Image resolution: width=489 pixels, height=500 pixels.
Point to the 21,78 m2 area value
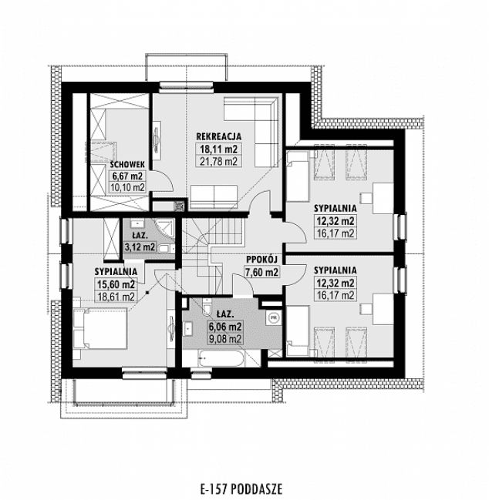click(x=220, y=161)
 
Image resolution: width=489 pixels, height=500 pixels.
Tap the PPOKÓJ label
click(x=262, y=260)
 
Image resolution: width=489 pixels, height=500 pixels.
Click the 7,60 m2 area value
click(x=262, y=271)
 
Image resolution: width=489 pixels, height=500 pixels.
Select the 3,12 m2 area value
click(x=140, y=247)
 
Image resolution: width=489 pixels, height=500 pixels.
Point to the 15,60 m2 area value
click(x=116, y=284)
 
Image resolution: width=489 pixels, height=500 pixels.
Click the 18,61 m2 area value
click(x=116, y=295)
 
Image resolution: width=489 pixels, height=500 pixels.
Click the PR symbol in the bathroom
click(x=272, y=317)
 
